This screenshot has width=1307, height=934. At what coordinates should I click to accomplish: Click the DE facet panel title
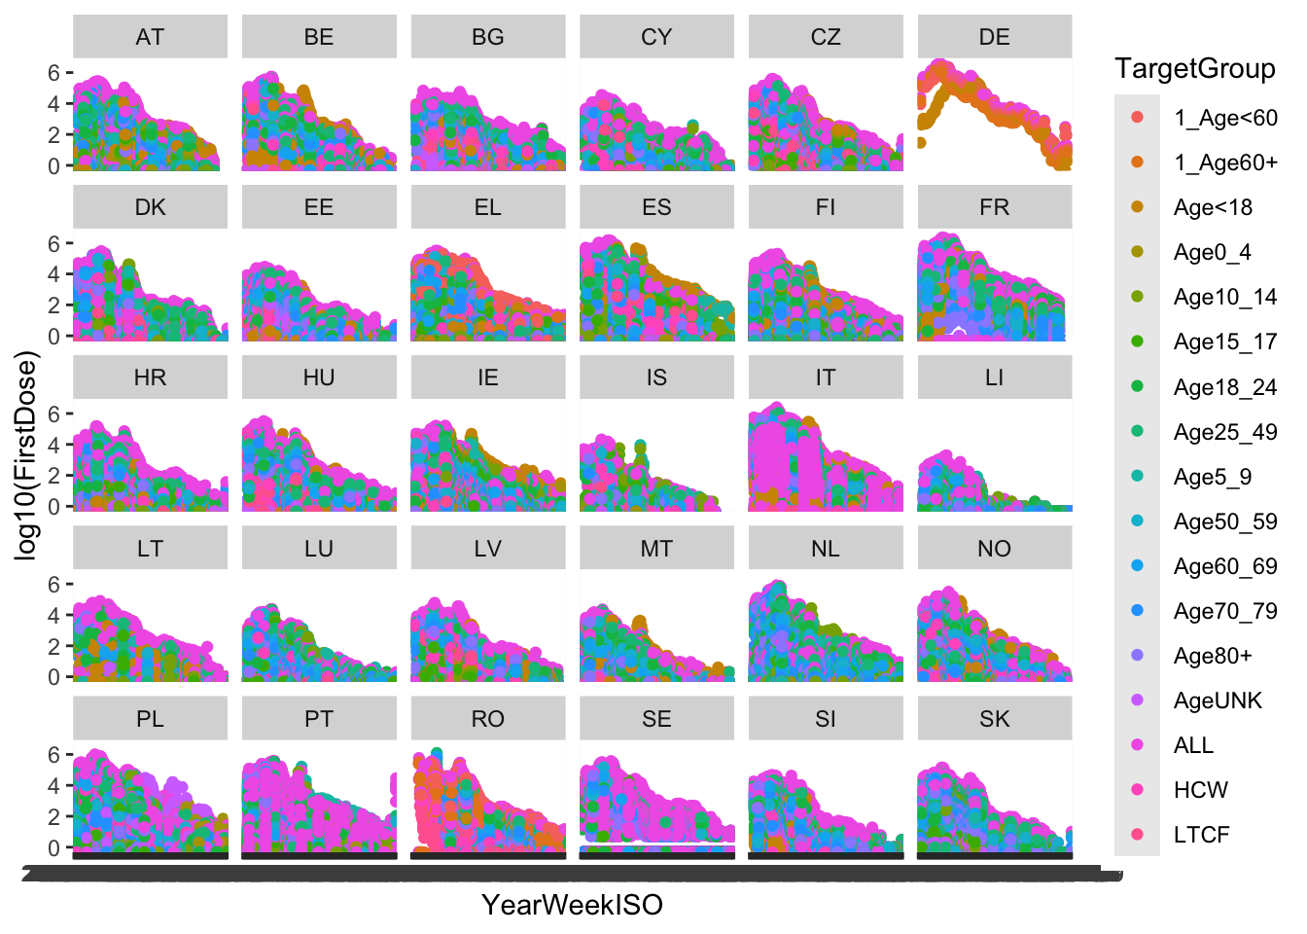994,37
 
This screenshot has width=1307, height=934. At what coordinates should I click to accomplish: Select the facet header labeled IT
825,377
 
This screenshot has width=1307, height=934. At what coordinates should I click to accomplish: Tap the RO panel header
487,719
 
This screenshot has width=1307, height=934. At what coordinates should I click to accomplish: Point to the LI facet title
994,377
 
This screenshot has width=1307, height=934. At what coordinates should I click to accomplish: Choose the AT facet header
150,37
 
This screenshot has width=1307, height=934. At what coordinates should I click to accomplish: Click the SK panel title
994,719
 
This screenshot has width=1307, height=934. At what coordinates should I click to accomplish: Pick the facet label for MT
656,549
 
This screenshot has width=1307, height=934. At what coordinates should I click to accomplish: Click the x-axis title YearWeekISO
572,905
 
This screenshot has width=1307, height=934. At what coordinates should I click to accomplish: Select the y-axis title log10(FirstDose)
26,458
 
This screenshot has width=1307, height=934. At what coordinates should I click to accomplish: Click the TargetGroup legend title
1194,68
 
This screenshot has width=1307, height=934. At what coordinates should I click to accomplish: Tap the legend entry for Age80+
1212,656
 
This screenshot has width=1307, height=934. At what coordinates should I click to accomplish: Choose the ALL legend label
1193,745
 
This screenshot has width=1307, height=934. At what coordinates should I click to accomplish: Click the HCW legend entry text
1200,790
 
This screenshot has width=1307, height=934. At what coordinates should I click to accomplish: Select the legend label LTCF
1201,835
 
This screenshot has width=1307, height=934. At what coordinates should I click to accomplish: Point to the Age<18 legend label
1213,207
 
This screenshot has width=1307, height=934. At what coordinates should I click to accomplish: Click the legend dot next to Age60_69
1137,566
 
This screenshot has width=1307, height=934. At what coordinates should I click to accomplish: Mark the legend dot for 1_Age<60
1137,118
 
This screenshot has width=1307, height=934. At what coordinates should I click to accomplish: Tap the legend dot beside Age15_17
1137,341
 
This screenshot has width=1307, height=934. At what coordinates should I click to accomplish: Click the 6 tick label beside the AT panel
54,73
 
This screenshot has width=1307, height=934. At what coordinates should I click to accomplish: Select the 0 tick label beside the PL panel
54,847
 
